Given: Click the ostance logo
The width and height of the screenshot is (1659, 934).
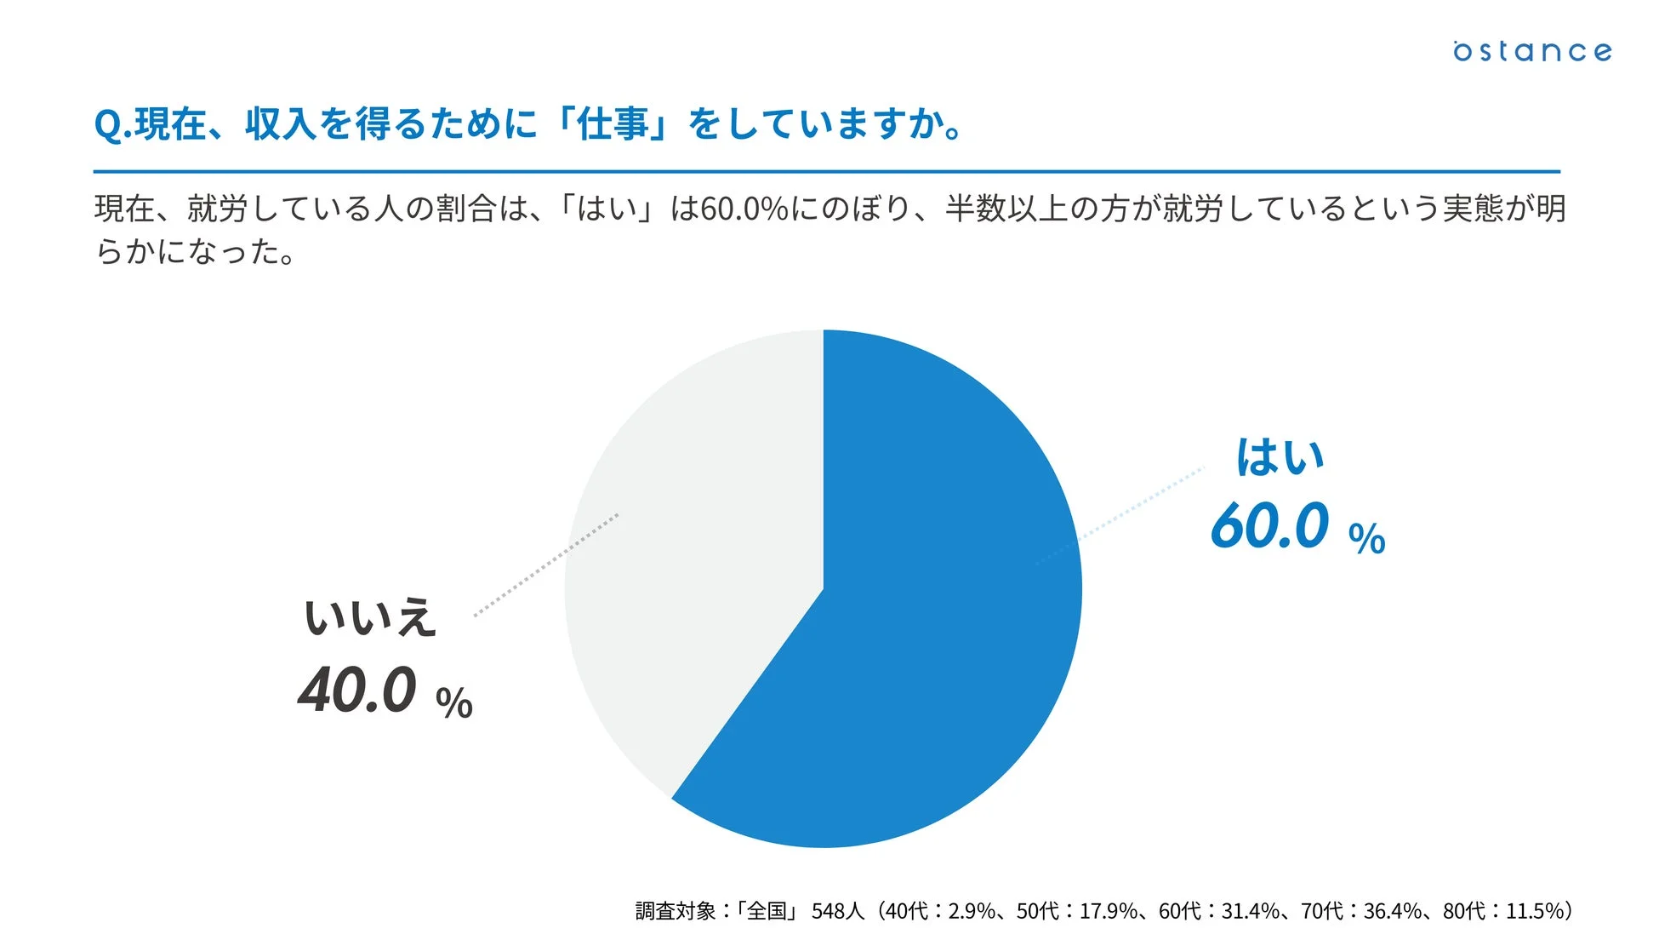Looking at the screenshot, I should pyautogui.click(x=1531, y=51).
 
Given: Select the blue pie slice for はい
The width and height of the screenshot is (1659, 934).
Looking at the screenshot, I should pyautogui.click(x=936, y=613).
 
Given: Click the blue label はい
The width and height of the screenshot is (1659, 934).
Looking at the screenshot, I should pyautogui.click(x=1280, y=457).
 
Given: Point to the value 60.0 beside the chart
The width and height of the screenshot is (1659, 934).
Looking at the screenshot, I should pyautogui.click(x=1269, y=525).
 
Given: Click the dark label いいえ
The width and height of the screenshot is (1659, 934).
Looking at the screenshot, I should pyautogui.click(x=370, y=617).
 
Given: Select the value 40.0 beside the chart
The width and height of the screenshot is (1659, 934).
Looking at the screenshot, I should pyautogui.click(x=357, y=690).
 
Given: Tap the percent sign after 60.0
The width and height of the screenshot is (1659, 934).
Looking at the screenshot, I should pyautogui.click(x=1367, y=539).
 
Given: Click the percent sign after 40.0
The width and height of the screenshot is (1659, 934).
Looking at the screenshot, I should pyautogui.click(x=453, y=704).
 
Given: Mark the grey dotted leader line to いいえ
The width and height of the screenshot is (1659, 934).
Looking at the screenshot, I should pyautogui.click(x=544, y=564).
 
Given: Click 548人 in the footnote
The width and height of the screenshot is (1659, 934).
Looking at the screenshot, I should pyautogui.click(x=837, y=911).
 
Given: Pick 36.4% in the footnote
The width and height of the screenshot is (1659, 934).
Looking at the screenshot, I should pyautogui.click(x=1393, y=911).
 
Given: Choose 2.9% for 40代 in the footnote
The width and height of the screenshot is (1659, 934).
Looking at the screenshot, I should pyautogui.click(x=972, y=911).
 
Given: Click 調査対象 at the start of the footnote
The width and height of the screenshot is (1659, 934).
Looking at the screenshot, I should pyautogui.click(x=676, y=911).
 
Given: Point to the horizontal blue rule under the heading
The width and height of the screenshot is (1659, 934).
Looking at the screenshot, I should pyautogui.click(x=825, y=172).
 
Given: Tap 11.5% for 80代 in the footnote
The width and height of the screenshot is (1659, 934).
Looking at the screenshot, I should pyautogui.click(x=1535, y=911).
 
